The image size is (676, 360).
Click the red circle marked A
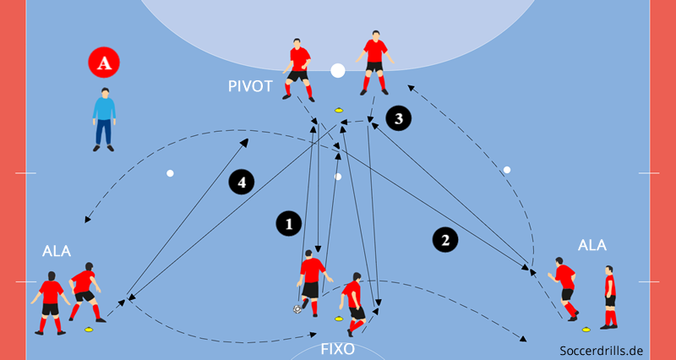(x=104, y=63)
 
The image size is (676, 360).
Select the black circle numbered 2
(x=445, y=240)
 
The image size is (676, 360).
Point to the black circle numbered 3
(x=399, y=117)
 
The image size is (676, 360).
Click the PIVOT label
(x=251, y=86)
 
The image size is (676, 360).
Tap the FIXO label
(x=337, y=349)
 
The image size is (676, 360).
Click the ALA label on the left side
(x=57, y=251)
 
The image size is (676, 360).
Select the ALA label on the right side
(x=592, y=245)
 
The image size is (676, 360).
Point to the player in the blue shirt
(x=104, y=119)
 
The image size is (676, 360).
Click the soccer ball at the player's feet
(x=298, y=309)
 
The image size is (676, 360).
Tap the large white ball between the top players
(x=338, y=70)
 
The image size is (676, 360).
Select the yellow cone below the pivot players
(x=339, y=109)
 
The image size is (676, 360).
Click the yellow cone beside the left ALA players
(x=88, y=328)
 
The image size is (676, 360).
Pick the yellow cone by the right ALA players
(x=586, y=329)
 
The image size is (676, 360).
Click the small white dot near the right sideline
(x=507, y=170)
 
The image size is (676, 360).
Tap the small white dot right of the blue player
(x=170, y=173)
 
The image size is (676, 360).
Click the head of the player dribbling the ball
(x=310, y=254)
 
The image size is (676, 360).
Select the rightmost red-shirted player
(x=609, y=296)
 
